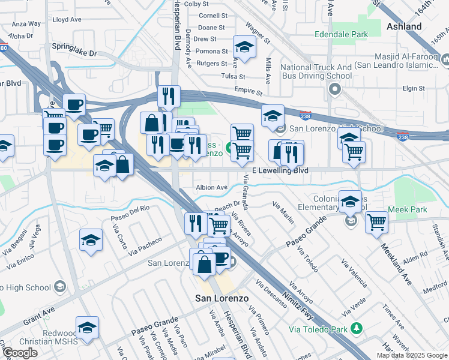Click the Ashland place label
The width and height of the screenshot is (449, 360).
(x=403, y=26)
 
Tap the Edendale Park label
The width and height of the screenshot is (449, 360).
(x=340, y=35)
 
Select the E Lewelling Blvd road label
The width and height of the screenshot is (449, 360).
(x=280, y=171)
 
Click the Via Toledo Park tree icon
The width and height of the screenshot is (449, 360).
(x=357, y=328)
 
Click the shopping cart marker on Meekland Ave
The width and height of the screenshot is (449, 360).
(x=376, y=222)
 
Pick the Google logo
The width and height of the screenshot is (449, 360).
(x=20, y=352)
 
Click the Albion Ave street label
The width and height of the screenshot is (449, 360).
(x=211, y=187)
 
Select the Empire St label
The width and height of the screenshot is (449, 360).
(x=249, y=92)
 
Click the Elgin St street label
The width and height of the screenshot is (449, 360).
(x=413, y=89)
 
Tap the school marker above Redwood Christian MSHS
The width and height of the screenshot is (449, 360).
(x=88, y=328)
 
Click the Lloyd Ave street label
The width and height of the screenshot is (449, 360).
(x=67, y=20)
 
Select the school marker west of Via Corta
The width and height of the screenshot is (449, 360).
(x=91, y=241)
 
